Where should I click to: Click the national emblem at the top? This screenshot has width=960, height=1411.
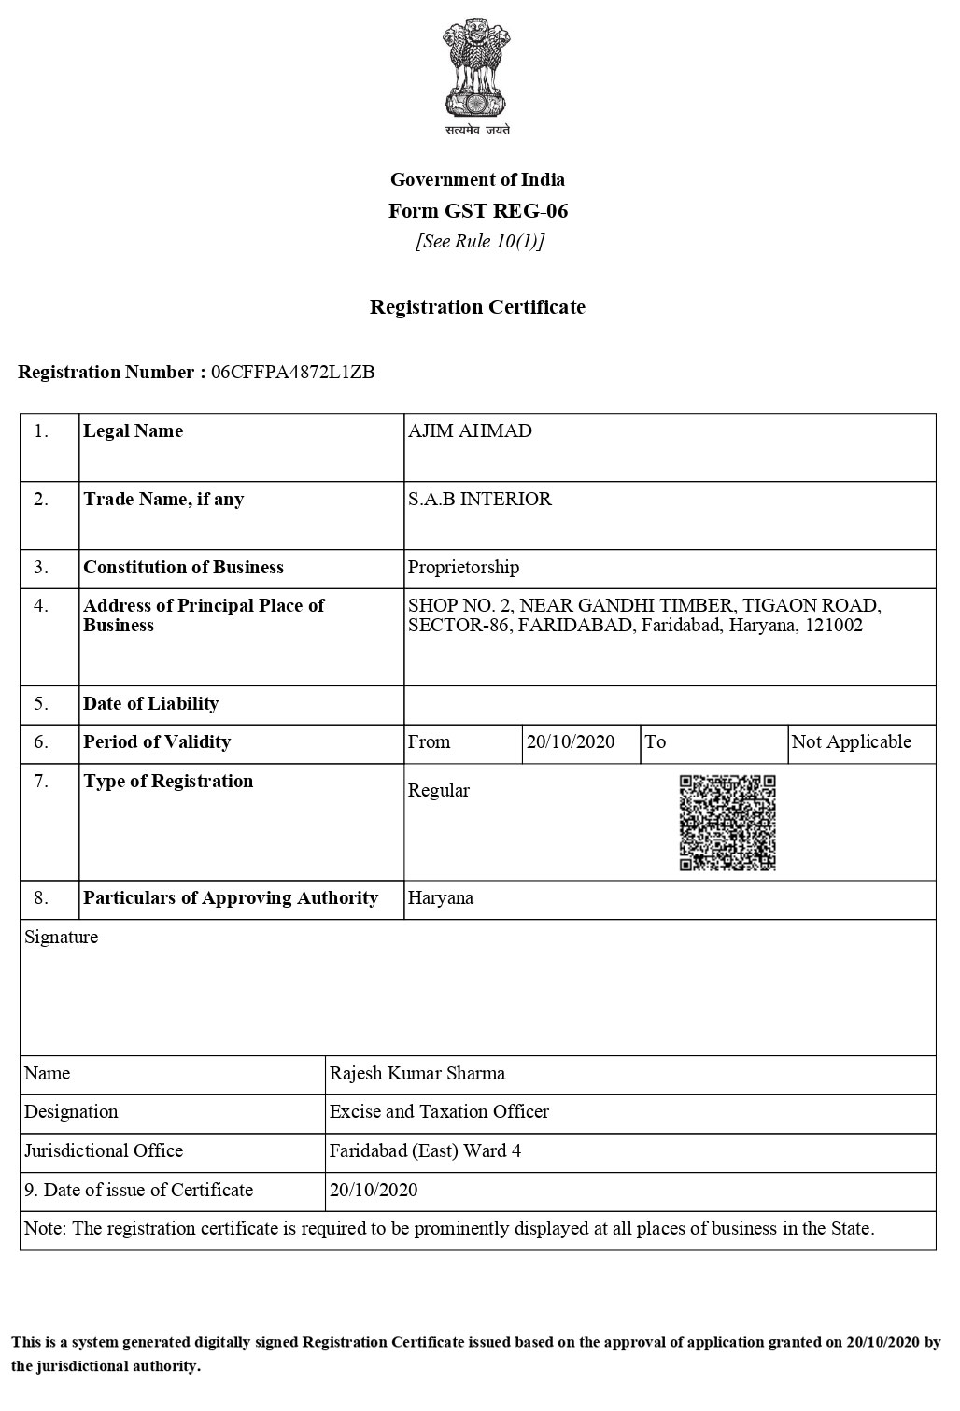[x=477, y=73]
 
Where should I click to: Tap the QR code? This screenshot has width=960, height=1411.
[x=727, y=823]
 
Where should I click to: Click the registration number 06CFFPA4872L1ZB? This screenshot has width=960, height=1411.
[x=293, y=373]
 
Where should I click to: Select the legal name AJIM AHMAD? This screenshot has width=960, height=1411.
[x=470, y=431]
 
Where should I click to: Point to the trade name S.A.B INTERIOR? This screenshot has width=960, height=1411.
[x=480, y=500]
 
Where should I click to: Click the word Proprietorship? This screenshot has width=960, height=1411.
[x=463, y=568]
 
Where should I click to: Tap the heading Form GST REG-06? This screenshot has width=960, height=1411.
[x=478, y=211]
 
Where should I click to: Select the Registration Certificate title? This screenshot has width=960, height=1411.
[x=477, y=307]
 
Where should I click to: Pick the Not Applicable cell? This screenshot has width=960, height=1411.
[x=851, y=742]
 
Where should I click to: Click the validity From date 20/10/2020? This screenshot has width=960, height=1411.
[x=571, y=742]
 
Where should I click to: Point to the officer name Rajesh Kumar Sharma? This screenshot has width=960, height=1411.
[x=417, y=1074]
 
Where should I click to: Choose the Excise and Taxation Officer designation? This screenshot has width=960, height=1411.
[x=439, y=1112]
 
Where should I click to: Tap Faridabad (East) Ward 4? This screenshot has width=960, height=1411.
[x=425, y=1151]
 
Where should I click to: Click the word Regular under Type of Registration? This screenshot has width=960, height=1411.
[x=439, y=791]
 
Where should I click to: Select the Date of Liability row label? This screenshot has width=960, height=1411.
[x=150, y=704]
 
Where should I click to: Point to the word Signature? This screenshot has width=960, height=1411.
[x=61, y=938]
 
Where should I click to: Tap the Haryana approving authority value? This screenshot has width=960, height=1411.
[x=441, y=898]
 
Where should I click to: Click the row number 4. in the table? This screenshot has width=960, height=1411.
[x=41, y=606]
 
